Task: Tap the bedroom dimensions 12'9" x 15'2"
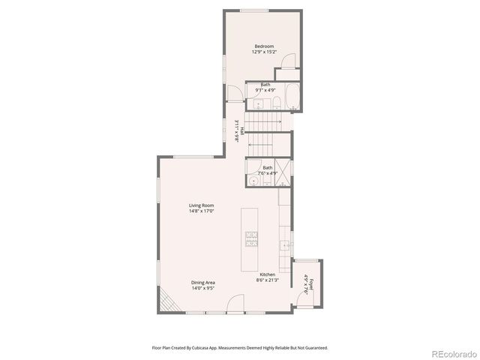[264, 52]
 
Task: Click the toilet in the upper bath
[276, 103]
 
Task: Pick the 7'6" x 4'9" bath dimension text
[267, 173]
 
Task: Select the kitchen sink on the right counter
[286, 245]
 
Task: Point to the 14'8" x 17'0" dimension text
[202, 211]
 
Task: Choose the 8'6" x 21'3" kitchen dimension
[267, 281]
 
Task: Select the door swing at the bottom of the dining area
[235, 303]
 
